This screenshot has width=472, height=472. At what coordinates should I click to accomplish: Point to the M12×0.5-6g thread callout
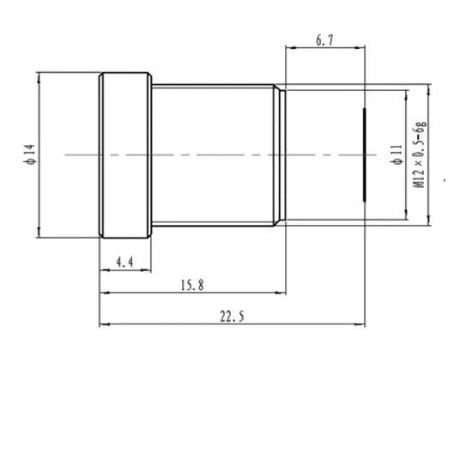(418, 155)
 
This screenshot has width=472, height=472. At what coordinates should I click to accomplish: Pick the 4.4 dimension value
(125, 261)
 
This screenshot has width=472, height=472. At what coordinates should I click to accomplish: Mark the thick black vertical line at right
(366, 155)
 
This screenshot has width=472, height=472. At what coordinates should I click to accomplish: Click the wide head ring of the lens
(126, 155)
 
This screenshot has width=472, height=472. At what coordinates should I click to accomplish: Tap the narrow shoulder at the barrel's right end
(279, 155)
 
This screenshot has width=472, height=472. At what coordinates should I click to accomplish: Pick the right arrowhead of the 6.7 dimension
(364, 48)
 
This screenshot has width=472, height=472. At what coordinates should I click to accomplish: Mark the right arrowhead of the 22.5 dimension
(364, 325)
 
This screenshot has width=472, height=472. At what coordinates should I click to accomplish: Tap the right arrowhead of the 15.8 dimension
(281, 293)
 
